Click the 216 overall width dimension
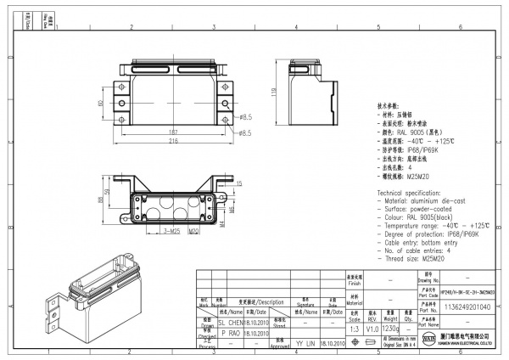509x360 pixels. [173, 141]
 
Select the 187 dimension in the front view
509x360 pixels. [173, 132]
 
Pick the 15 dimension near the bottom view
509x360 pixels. [239, 183]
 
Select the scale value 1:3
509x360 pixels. [355, 328]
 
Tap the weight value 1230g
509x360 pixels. [391, 328]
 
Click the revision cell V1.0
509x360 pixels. [372, 328]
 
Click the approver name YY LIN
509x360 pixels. [305, 344]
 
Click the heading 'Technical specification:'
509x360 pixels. [411, 194]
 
